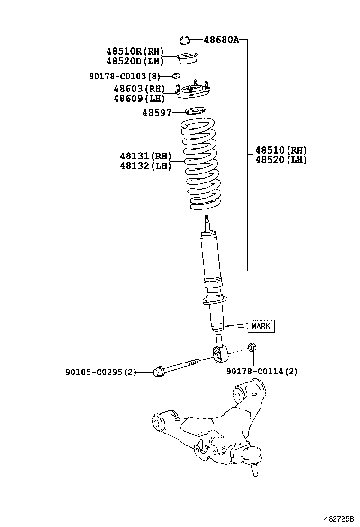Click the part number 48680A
pos(221,40)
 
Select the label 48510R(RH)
pos(135,51)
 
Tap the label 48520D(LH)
pos(135,61)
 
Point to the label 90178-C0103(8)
pos(125,76)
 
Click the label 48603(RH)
pos(139,89)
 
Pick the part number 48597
pos(156,112)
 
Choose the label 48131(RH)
pos(145,156)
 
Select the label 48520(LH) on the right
pos(281,160)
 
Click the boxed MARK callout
pos(261,326)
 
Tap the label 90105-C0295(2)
pos(100,372)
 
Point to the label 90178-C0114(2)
pos(262,372)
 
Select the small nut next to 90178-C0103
pos(176,75)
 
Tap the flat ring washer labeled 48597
pos(193,112)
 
